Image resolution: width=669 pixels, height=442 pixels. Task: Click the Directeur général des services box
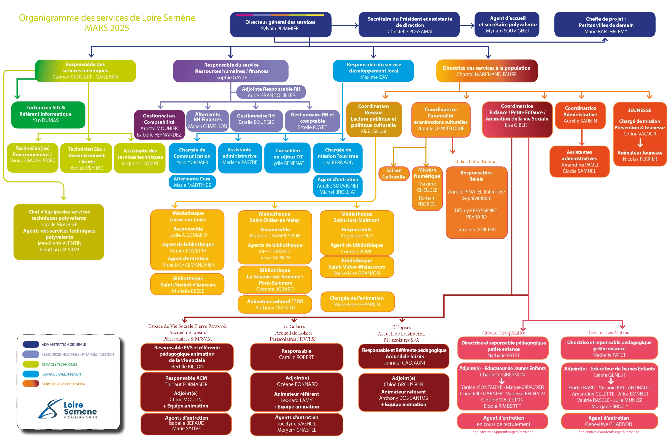click(x=281, y=25)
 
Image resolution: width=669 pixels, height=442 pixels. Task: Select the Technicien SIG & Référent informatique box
click(x=48, y=115)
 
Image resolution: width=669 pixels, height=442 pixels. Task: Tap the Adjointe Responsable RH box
click(x=271, y=92)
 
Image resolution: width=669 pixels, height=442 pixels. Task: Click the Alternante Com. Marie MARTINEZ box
click(x=192, y=182)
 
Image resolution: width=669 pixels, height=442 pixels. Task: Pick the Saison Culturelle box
click(x=394, y=174)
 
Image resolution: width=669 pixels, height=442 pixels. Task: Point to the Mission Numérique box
click(x=427, y=188)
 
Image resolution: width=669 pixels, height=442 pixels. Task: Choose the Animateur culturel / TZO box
click(x=275, y=304)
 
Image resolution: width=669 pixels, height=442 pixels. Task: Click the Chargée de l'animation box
click(x=357, y=301)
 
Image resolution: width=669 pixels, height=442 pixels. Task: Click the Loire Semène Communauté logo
click(x=68, y=409)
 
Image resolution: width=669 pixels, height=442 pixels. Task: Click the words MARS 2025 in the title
click(x=107, y=28)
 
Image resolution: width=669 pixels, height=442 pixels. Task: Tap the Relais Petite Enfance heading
click(x=477, y=162)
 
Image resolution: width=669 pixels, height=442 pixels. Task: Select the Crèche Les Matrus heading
click(x=608, y=332)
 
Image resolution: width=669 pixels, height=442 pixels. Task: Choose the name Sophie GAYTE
click(x=232, y=77)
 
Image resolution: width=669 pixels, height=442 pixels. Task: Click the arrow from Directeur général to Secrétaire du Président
click(x=345, y=25)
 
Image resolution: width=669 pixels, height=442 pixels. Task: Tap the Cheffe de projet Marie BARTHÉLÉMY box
click(x=605, y=25)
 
